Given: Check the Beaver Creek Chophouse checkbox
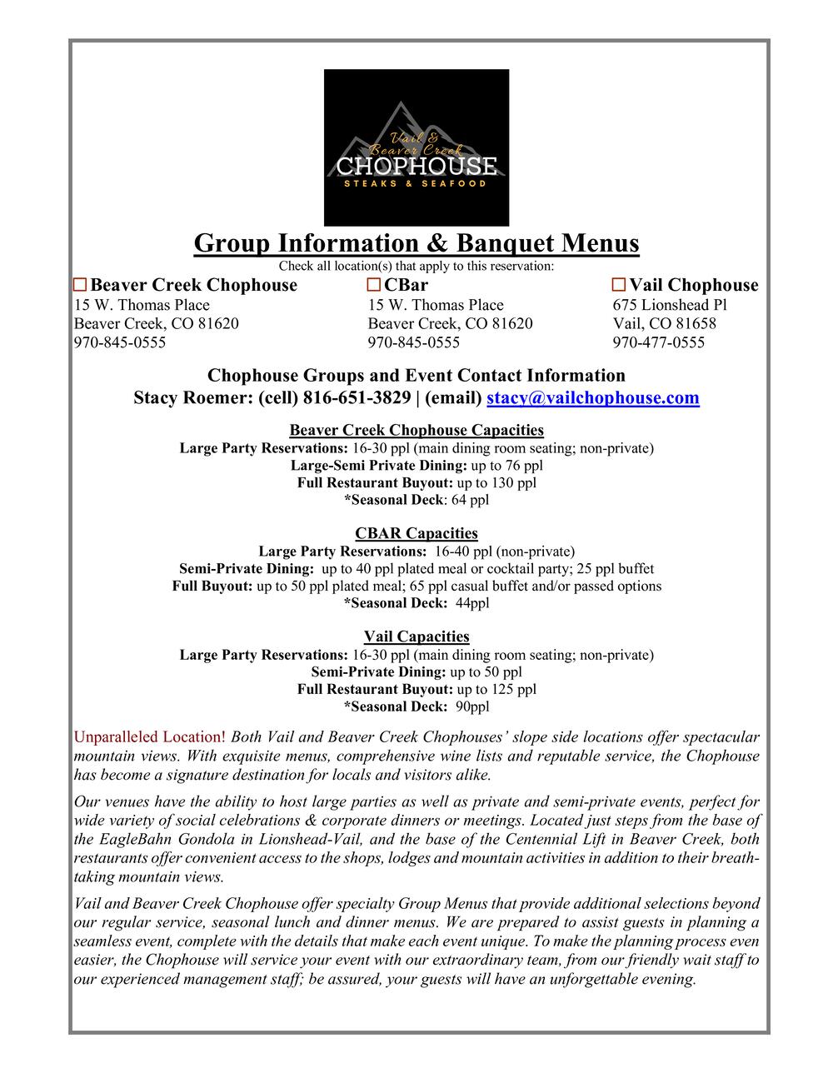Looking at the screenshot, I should pos(80,286).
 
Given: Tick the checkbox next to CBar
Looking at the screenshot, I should pos(374,286).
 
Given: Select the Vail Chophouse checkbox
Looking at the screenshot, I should pos(619,286).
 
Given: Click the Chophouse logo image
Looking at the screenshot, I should pos(416,147).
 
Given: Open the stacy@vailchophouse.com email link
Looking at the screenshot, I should pos(592,397).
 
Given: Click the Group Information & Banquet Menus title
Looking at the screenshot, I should pos(416,243).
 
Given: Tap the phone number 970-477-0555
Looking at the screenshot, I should pos(658,342).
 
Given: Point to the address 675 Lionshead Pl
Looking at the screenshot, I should pos(670,305).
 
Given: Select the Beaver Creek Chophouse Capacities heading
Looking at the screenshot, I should pos(416,430).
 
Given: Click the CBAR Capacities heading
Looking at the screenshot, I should pos(416,533).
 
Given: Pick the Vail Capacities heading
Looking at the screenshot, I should pos(416,636).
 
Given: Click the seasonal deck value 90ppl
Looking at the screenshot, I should pos(472,706).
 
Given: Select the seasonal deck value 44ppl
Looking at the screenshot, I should pos(472,603).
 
